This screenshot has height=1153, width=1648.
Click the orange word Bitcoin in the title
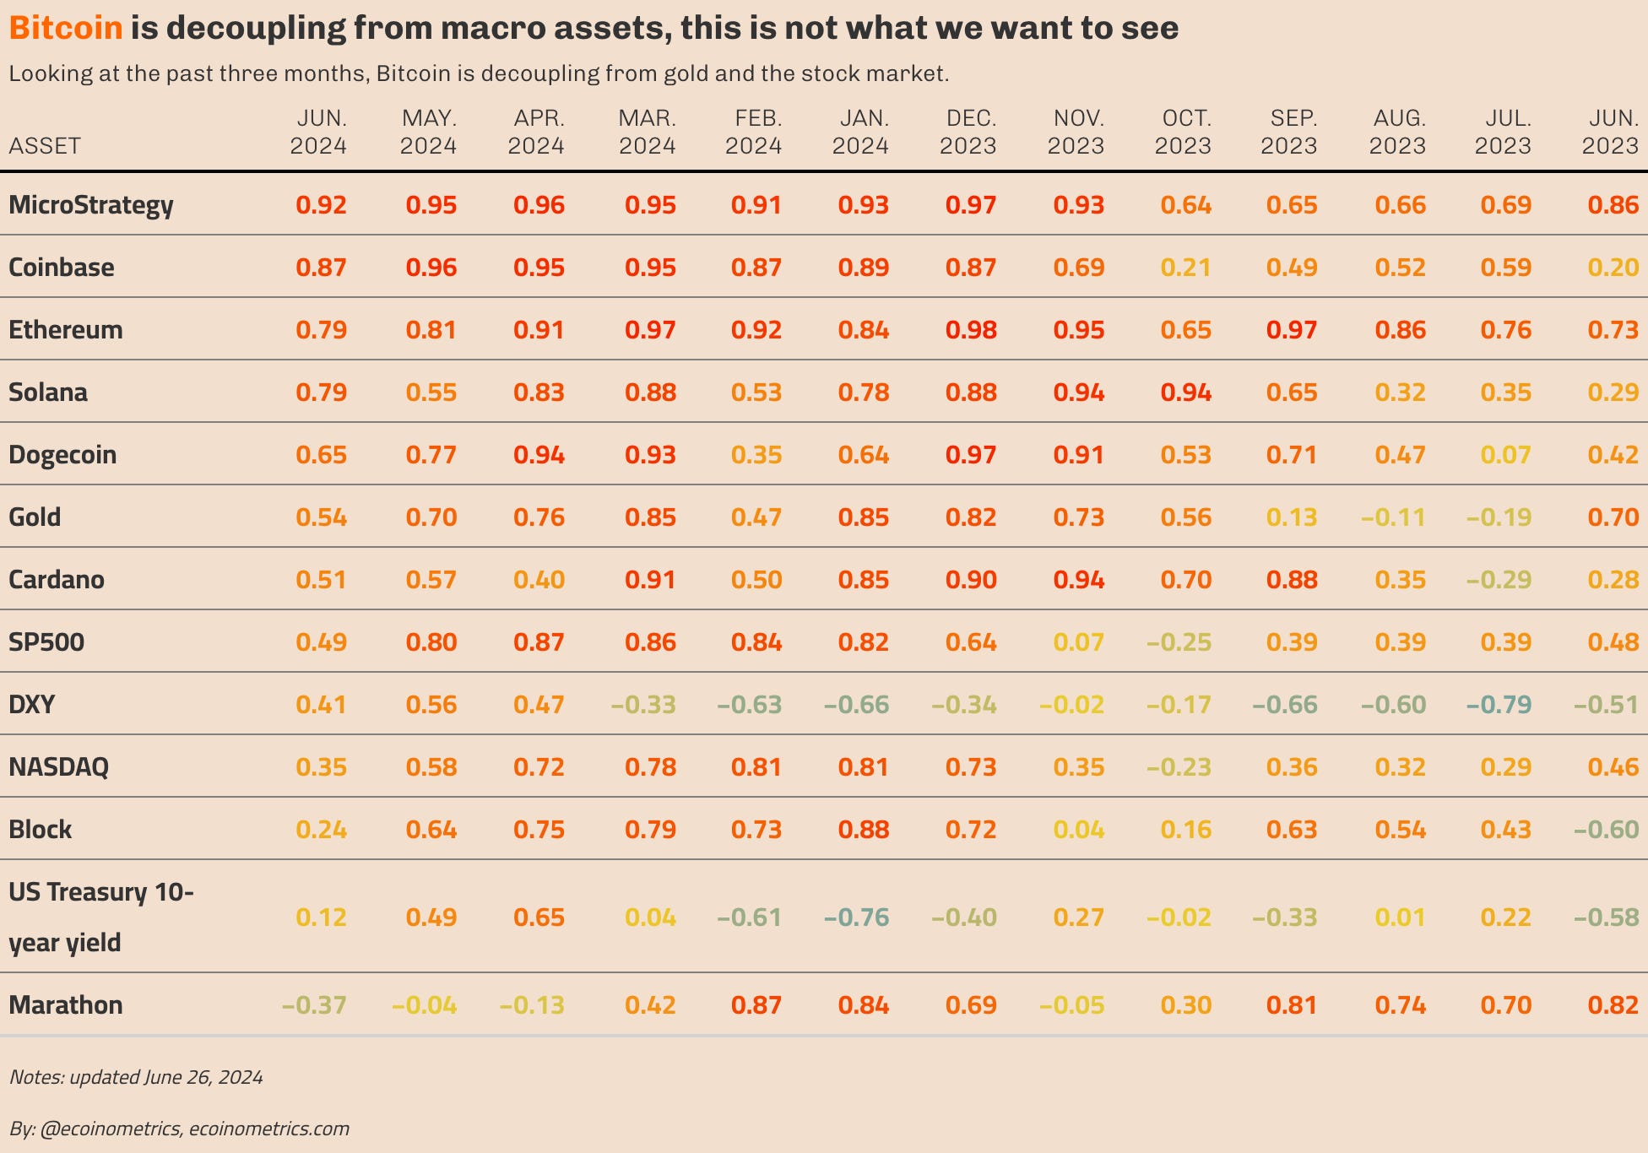tap(66, 28)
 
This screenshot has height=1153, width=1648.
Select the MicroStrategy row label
tap(90, 205)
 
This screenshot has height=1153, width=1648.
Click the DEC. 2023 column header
tap(968, 132)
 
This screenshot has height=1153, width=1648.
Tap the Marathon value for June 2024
tap(314, 1005)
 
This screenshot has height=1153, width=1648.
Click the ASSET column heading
tap(45, 146)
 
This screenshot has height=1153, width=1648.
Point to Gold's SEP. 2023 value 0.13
tap(1292, 517)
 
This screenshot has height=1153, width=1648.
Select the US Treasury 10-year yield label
tap(100, 917)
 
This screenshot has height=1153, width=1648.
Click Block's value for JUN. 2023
tap(1607, 830)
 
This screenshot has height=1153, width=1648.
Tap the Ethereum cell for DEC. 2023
tap(971, 330)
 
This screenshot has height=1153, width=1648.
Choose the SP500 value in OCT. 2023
tap(1179, 642)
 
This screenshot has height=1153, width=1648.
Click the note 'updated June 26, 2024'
tap(136, 1077)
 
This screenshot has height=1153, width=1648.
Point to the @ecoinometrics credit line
tap(179, 1129)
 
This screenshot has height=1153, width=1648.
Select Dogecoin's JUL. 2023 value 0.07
tap(1505, 455)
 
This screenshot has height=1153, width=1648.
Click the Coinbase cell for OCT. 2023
tap(1185, 268)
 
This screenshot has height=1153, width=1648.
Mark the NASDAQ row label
tap(58, 767)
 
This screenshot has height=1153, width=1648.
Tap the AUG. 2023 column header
tap(1398, 132)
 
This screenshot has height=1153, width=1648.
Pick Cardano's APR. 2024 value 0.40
tap(539, 580)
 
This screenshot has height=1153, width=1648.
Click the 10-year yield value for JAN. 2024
tap(857, 918)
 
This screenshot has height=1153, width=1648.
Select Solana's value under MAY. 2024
tap(431, 392)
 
